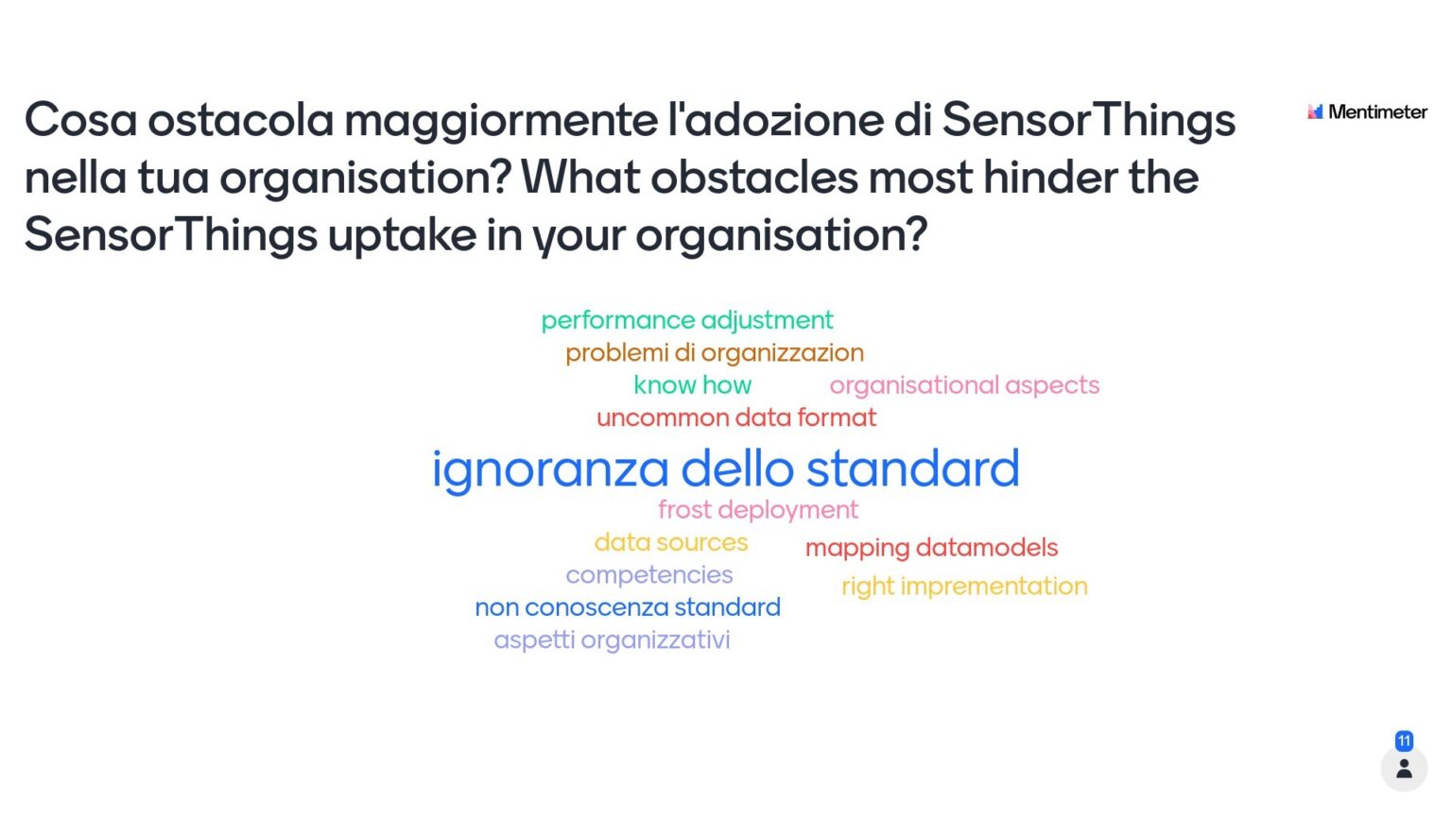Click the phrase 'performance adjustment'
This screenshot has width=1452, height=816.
point(687,320)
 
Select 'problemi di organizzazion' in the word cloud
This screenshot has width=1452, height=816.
point(715,353)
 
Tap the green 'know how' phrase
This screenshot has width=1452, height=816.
point(692,385)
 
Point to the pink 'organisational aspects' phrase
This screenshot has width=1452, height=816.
point(964,385)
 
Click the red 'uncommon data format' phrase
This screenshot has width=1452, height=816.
point(736,417)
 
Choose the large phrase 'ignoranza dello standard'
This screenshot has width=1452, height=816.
point(725,468)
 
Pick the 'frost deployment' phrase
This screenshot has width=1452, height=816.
point(758,510)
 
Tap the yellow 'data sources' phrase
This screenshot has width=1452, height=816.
point(671,542)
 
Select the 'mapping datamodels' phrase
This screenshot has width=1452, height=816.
point(931,548)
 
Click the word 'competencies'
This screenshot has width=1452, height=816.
point(649,574)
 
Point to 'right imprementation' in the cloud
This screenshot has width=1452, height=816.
point(964,586)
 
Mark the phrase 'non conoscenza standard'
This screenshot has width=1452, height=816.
point(628,607)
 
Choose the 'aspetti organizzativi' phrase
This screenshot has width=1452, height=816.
point(612,640)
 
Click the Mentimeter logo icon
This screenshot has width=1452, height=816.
point(1315,111)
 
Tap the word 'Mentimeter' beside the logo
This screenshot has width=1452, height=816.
point(1377,111)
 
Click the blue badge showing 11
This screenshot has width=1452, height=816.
point(1404,740)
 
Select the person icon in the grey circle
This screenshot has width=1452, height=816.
point(1404,769)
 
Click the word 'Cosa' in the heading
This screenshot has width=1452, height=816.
point(81,120)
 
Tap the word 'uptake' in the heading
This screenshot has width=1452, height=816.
point(402,235)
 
